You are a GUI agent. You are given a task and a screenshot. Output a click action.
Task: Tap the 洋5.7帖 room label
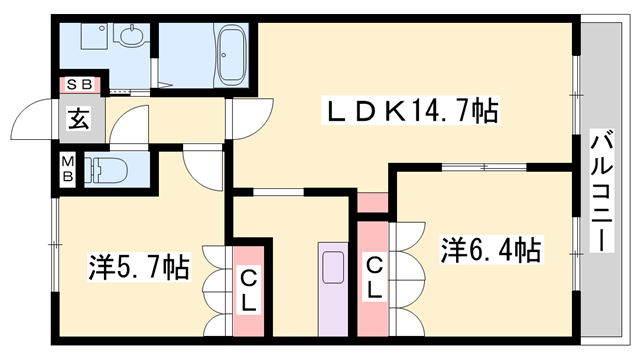[138, 268]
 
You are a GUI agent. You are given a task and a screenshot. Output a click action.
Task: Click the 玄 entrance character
[77, 118]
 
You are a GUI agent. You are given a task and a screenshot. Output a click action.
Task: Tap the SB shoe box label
[77, 85]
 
